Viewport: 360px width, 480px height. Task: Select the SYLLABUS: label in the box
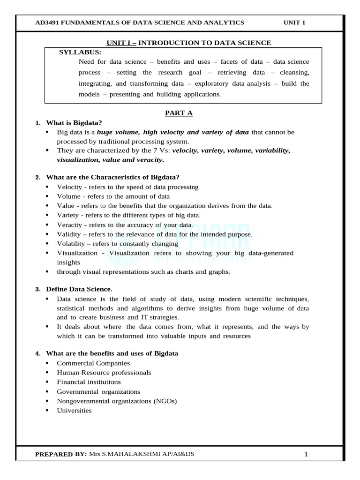coord(80,52)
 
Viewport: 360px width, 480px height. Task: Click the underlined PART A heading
coord(179,113)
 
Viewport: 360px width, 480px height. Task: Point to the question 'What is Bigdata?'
coord(74,123)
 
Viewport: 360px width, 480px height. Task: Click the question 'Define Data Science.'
coord(79,289)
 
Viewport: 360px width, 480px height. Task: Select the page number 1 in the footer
coord(306,454)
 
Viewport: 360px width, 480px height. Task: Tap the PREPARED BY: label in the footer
coord(61,454)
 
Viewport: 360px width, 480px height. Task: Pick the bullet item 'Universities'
coord(74,410)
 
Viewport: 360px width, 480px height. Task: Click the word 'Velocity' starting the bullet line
coord(69,187)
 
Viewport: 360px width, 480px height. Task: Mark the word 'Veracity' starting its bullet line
coord(69,225)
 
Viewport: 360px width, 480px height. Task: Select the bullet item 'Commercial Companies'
coord(93,363)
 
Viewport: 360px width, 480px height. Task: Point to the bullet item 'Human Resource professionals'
coord(104,372)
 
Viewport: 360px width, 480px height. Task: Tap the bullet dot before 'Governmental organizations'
coord(48,391)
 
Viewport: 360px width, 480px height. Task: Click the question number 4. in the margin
coord(38,353)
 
